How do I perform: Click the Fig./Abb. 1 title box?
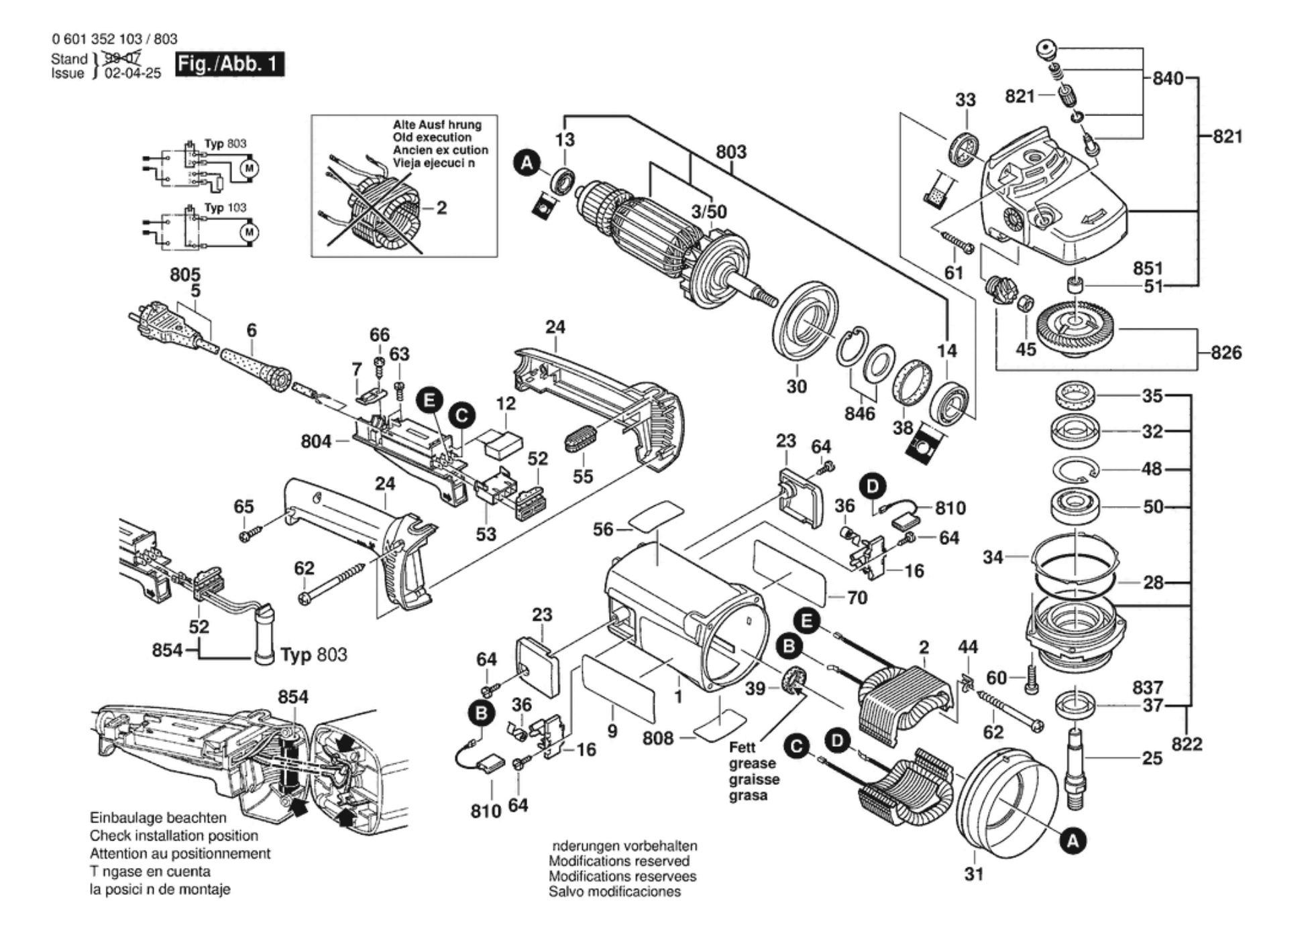[x=229, y=64]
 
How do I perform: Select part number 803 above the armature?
[x=730, y=152]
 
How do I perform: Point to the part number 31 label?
[x=974, y=874]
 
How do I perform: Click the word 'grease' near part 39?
[x=753, y=763]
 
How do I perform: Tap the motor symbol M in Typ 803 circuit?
[x=250, y=168]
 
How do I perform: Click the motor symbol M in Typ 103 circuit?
[x=250, y=232]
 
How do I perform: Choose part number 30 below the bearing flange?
[x=796, y=387]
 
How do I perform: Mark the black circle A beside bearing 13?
[x=527, y=163]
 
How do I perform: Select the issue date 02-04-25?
[x=133, y=74]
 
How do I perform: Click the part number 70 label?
[x=857, y=597]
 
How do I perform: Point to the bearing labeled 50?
[x=1075, y=506]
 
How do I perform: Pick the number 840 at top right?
[x=1168, y=78]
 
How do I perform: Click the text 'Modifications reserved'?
[x=618, y=861]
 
